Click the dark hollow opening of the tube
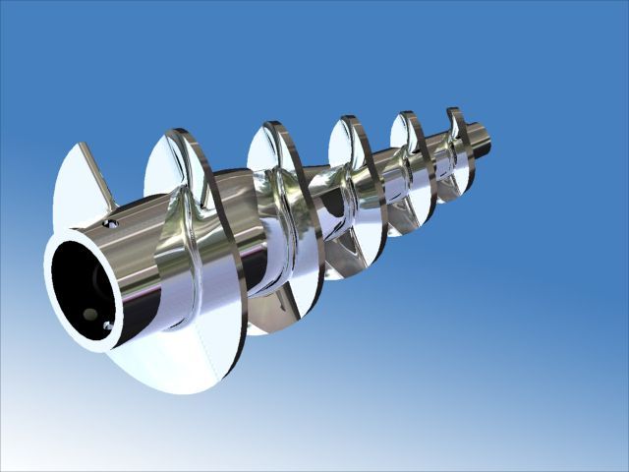point(79,285)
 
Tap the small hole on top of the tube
point(114,224)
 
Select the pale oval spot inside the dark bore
point(90,314)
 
